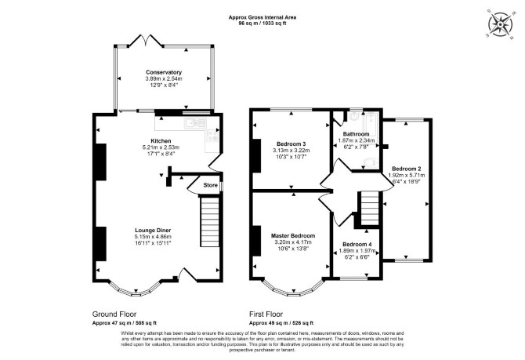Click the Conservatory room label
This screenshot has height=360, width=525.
(164, 72)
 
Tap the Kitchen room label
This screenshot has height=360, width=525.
(161, 141)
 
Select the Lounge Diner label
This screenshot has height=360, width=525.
(153, 231)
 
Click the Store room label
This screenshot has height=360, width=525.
(210, 185)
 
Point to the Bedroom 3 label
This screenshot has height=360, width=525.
(291, 144)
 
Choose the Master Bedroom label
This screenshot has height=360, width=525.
(293, 235)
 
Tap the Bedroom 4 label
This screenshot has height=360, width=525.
(357, 245)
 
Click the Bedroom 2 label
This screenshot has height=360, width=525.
(407, 169)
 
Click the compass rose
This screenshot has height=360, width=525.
(500, 24)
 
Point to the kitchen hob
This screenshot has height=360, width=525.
(212, 135)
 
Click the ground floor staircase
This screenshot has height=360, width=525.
(209, 222)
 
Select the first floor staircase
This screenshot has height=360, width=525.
(370, 208)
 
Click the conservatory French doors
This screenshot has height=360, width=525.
(146, 40)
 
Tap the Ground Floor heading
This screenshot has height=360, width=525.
(114, 315)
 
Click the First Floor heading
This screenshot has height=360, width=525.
(266, 315)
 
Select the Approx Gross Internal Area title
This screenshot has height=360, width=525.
(262, 17)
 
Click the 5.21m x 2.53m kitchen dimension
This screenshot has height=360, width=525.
(161, 147)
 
